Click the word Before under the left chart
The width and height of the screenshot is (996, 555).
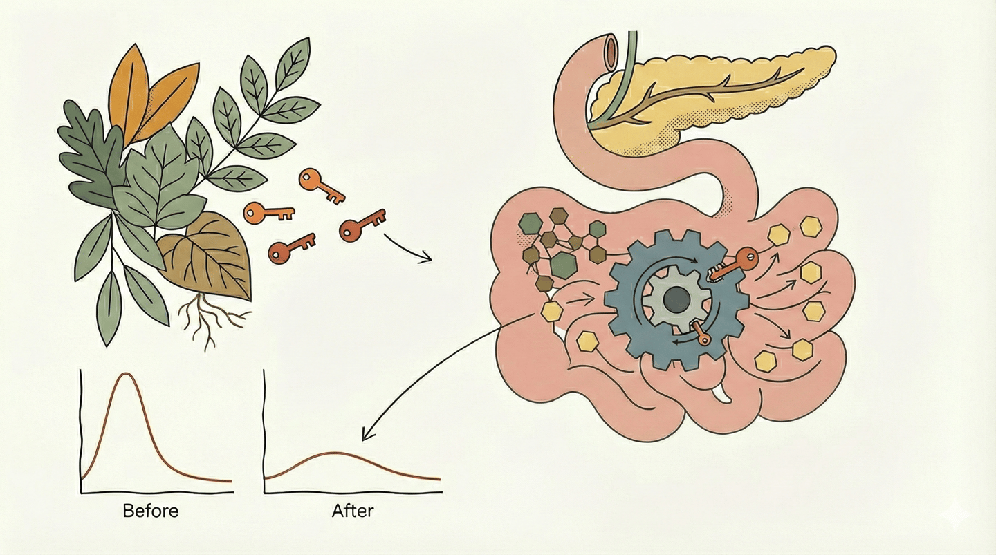[x=150, y=511]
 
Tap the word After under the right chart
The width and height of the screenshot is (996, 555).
[x=353, y=511]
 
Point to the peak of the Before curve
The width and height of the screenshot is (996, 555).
[x=126, y=374]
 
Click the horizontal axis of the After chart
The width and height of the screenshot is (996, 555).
[x=353, y=492]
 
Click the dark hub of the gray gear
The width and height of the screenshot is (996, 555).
[x=676, y=299]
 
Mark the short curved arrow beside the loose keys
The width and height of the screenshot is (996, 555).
[x=408, y=249]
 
